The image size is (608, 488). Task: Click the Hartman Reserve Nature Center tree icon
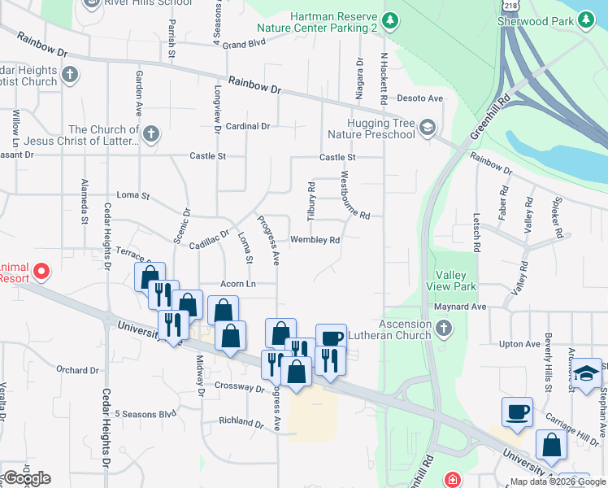(390, 19)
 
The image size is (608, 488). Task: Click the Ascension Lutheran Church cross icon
(443, 329)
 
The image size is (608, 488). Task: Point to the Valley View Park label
(455, 281)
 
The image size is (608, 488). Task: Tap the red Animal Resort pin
(42, 272)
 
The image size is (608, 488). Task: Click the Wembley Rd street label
(315, 240)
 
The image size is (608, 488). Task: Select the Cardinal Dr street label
(248, 126)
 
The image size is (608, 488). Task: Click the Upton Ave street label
(520, 344)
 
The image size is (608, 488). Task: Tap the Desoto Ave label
(419, 98)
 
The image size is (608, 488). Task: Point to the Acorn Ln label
(238, 284)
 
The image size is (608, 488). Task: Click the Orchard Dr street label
(78, 370)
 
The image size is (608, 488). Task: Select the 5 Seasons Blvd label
(145, 413)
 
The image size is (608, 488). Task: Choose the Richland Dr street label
(242, 421)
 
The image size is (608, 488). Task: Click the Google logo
(27, 478)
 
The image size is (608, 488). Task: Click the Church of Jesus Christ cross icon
(150, 133)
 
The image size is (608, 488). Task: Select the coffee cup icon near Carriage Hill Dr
(517, 412)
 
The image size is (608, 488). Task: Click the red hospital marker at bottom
(453, 481)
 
